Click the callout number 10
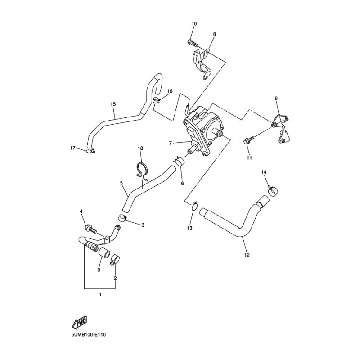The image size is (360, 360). pos(194,23)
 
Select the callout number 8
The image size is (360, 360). pos(214,34)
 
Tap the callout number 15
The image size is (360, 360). pos(113,104)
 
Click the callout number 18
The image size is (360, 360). pos(140,148)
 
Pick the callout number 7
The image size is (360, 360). pos(171,143)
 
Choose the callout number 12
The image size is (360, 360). pos(246,255)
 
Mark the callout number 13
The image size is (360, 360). pos(190,229)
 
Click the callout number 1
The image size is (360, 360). pos(100,294)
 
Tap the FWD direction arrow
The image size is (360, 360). pos(79,322)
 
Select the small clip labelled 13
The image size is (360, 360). pos(193,207)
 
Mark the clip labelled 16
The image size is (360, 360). pos(156,100)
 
